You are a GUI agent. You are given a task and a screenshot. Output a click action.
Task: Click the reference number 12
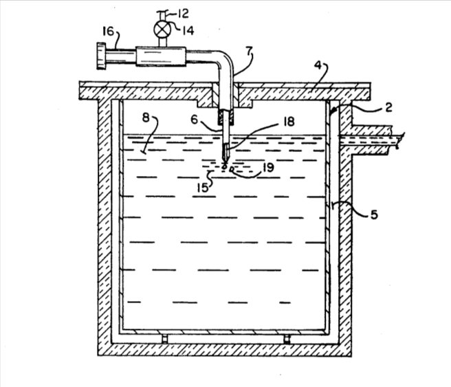coord(182,13)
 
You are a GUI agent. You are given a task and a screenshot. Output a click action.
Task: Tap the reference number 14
coord(188,30)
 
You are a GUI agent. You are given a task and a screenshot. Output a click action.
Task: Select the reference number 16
coord(109,31)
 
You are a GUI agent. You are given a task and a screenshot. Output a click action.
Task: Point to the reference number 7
coord(249,51)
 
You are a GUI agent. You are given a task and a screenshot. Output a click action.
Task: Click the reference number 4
coord(318,65)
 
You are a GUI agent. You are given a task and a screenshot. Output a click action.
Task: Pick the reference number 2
coord(389,107)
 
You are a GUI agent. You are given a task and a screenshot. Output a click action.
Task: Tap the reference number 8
coord(146,118)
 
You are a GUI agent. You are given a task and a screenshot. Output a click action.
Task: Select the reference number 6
coord(195,120)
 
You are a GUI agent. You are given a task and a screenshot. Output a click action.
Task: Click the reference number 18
coord(289,122)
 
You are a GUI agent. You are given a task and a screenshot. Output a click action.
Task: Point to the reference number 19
coord(268,167)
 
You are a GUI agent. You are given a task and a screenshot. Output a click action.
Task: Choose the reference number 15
coord(203,188)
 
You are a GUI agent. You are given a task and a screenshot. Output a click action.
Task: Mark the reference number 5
coord(374,214)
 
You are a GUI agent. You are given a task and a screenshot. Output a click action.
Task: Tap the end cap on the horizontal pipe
coord(101,56)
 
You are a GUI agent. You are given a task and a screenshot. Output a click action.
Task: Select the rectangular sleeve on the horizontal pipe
coord(161,56)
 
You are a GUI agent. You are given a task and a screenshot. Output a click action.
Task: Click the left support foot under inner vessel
coord(164,339)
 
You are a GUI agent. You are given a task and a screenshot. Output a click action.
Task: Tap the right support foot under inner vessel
coord(287,339)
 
